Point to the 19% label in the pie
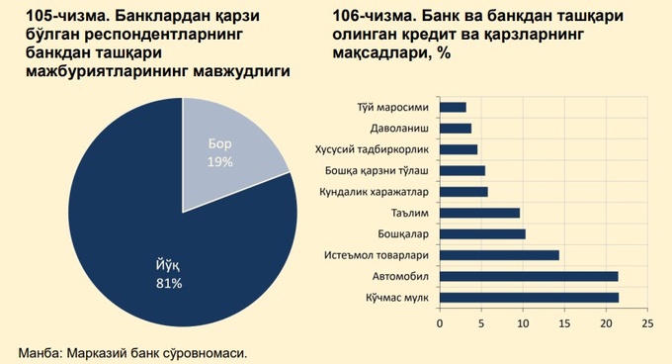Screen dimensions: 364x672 [x=219, y=161]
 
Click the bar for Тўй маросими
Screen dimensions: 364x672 [x=452, y=107]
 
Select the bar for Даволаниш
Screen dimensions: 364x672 [x=455, y=128]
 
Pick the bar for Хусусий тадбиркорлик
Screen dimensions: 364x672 [x=458, y=149]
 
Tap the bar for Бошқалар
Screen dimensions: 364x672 [x=481, y=233]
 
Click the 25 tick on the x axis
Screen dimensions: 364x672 [x=646, y=322]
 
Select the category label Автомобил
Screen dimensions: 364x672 [x=400, y=276]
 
